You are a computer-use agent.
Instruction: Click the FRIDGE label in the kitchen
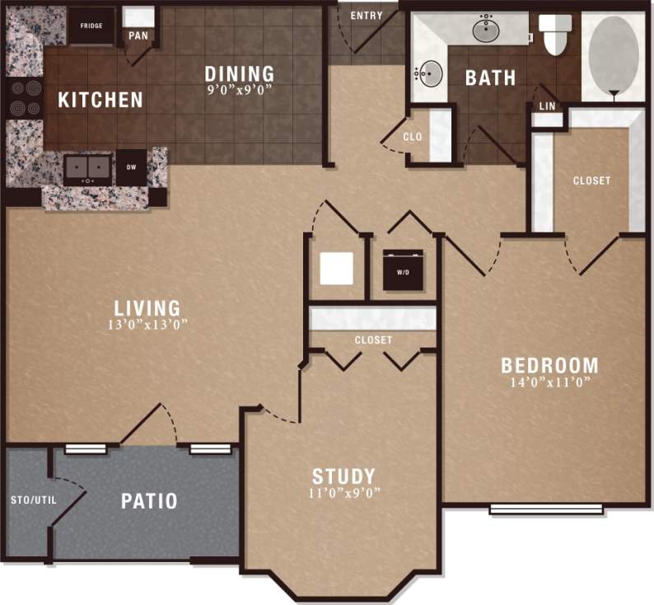(91, 26)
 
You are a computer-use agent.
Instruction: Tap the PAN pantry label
(137, 35)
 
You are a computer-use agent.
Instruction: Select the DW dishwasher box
(130, 167)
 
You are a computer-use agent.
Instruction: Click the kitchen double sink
(88, 168)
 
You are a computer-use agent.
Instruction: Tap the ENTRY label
(366, 16)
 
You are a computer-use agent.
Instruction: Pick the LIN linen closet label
(546, 107)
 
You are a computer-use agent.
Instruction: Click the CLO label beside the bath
(413, 137)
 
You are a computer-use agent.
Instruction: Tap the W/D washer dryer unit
(403, 270)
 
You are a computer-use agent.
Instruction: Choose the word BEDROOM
(549, 365)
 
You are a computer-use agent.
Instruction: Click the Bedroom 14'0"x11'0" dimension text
(549, 382)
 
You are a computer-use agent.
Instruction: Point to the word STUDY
(343, 476)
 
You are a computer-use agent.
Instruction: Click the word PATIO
(149, 500)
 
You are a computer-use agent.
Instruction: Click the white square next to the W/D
(336, 268)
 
